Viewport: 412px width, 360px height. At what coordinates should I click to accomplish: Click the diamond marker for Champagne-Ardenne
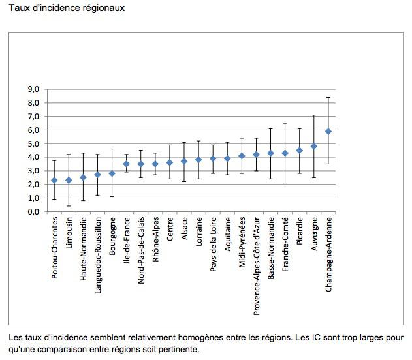coord(328,131)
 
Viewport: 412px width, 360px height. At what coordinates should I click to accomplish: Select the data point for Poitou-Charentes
coord(54,180)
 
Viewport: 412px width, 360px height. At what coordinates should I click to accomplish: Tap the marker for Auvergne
coord(314,146)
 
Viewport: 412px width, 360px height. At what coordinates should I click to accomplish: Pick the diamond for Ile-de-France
coord(127,164)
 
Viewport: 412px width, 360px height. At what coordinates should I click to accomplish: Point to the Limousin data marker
coord(69,180)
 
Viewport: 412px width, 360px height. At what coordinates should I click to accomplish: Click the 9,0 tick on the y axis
coord(33,89)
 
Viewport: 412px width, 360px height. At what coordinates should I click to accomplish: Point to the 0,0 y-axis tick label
coord(33,212)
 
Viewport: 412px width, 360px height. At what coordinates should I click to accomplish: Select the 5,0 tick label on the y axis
coord(33,143)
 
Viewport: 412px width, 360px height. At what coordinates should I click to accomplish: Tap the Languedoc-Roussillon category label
coord(98,256)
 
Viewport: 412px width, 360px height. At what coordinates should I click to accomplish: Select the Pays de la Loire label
coord(214,246)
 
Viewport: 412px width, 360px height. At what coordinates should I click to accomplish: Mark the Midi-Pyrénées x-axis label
coord(242,244)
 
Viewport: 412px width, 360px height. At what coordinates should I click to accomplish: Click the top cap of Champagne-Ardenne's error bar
coord(328,97)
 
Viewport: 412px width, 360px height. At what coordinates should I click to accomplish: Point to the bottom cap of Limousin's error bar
coord(69,206)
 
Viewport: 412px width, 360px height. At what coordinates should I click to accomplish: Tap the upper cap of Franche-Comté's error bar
coord(285,123)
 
